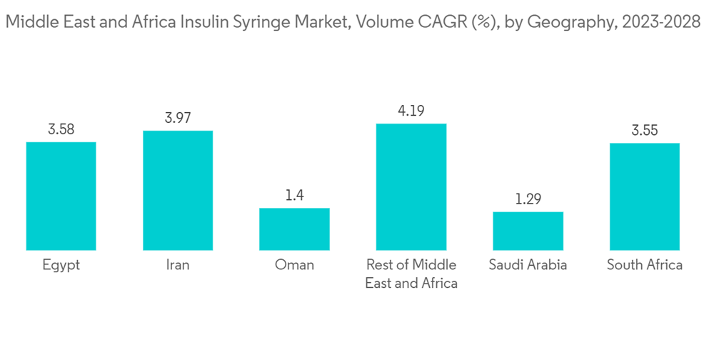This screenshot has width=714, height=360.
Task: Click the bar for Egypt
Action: pyautogui.click(x=61, y=196)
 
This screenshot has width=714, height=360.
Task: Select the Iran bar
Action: pyautogui.click(x=178, y=190)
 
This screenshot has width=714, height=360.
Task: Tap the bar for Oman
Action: pyautogui.click(x=294, y=229)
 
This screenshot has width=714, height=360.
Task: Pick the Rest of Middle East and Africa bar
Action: pyautogui.click(x=411, y=186)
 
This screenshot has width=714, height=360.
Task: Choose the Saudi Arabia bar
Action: pyautogui.click(x=528, y=231)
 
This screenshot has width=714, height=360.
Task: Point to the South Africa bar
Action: pyautogui.click(x=644, y=196)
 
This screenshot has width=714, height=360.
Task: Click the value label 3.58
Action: pyautogui.click(x=61, y=130)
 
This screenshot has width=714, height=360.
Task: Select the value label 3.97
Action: pyautogui.click(x=178, y=118)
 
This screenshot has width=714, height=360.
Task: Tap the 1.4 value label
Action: pyautogui.click(x=294, y=196)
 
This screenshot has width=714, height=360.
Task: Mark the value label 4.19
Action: pyautogui.click(x=411, y=111)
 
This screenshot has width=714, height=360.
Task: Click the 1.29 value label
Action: pyautogui.click(x=528, y=199)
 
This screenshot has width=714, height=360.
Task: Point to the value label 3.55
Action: pyautogui.click(x=644, y=131)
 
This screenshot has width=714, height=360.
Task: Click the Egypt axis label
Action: pyautogui.click(x=61, y=265)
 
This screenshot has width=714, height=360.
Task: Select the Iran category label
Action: pyautogui.click(x=178, y=265)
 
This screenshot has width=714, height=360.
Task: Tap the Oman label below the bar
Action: pyautogui.click(x=294, y=265)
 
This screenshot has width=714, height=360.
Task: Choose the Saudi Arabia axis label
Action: pyautogui.click(x=528, y=265)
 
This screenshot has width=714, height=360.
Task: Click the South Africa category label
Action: pyautogui.click(x=644, y=265)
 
